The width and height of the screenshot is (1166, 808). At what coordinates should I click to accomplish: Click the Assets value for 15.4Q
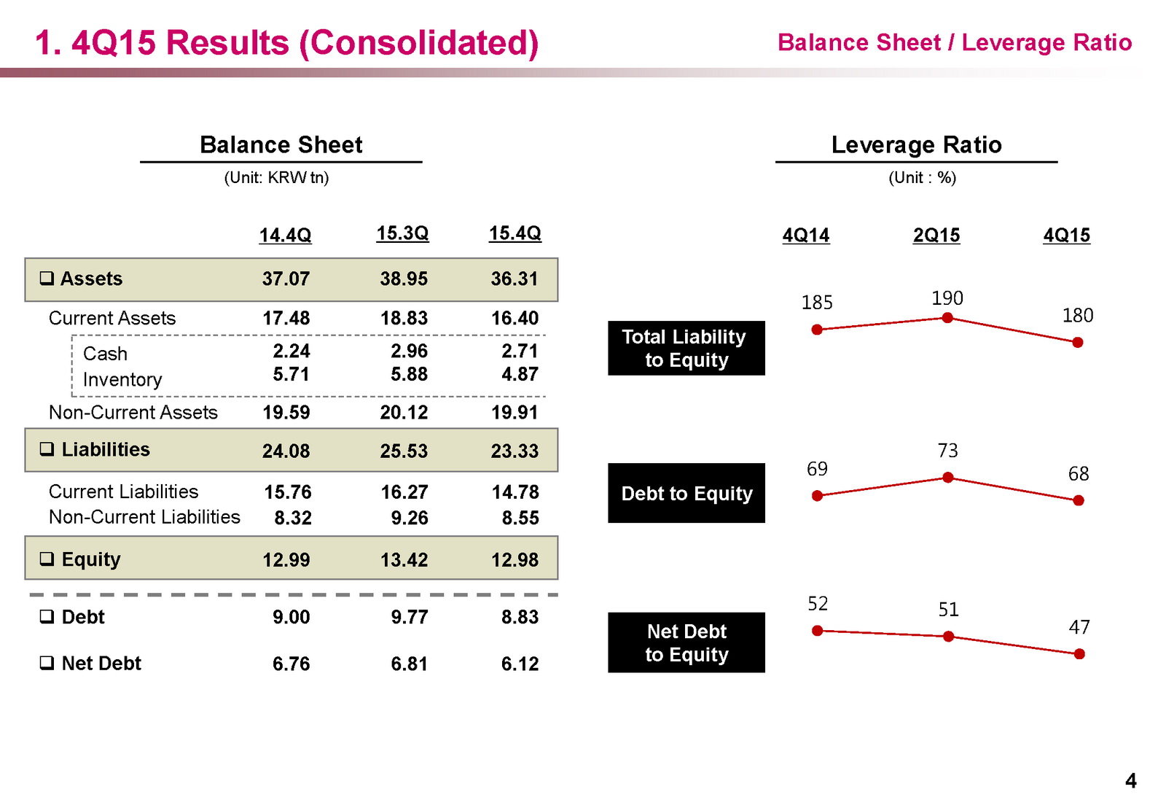tap(514, 279)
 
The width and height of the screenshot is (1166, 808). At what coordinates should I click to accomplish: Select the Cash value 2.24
tap(291, 351)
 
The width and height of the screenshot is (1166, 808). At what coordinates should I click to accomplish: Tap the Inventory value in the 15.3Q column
tap(409, 374)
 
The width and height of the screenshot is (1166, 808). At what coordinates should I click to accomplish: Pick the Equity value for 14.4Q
tap(286, 559)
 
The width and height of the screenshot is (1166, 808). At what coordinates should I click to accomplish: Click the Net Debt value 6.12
tap(520, 664)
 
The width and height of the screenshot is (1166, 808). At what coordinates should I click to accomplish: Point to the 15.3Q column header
tap(402, 233)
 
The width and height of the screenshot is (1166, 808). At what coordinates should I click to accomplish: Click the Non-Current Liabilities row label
tap(144, 517)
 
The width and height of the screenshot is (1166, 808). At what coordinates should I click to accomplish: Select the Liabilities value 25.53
tap(404, 451)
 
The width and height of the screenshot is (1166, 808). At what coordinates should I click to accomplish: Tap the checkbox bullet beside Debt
tap(47, 617)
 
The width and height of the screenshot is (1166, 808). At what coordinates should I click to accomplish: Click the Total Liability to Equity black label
tap(686, 348)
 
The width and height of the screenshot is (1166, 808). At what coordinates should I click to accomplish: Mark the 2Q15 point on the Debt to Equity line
tap(947, 478)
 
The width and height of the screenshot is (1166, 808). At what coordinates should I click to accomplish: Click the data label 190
tap(947, 298)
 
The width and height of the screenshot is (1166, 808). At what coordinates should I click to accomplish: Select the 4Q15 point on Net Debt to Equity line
tap(1079, 654)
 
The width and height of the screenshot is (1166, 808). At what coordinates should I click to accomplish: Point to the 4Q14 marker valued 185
tap(817, 330)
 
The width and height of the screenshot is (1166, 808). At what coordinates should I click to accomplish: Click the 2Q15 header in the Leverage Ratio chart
tap(936, 236)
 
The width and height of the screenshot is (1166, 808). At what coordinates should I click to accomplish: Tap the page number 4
tap(1130, 781)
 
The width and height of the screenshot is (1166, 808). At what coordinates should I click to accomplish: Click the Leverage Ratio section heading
tap(916, 144)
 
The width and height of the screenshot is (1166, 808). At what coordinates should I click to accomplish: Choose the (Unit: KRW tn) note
tap(276, 177)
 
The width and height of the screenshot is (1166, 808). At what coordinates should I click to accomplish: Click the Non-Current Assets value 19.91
tap(514, 413)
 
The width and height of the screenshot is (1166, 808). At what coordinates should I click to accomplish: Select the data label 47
tap(1079, 627)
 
